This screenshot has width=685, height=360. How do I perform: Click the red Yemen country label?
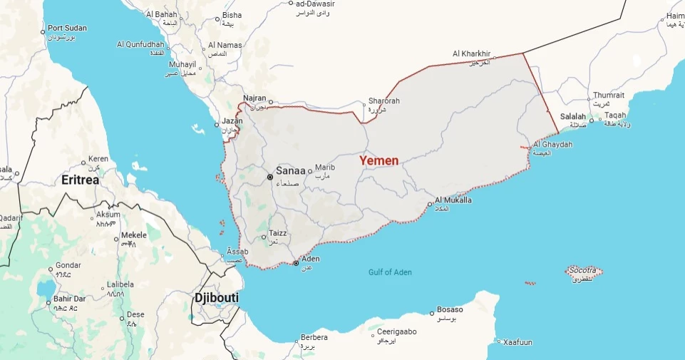[378, 160]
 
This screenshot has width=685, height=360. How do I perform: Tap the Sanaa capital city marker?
[270, 177]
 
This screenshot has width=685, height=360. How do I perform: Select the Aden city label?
[311, 259]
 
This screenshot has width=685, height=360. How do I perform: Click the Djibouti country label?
[216, 297]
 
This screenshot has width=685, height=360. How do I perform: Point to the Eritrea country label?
[80, 180]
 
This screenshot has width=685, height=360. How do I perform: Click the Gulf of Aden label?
[390, 272]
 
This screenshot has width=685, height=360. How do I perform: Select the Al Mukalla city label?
[453, 200]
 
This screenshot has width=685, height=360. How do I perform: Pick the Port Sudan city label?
[67, 29]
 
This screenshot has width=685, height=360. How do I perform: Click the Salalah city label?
[572, 116]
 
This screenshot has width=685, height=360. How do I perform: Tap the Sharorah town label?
[383, 101]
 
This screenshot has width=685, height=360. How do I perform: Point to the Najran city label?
[254, 98]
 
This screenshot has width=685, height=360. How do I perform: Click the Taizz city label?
[277, 234]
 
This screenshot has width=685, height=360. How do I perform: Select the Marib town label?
[324, 167]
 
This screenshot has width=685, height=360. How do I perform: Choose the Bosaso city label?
[450, 309]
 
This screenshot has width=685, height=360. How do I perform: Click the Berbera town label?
[314, 337]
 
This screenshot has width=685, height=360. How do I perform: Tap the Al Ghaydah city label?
[552, 144]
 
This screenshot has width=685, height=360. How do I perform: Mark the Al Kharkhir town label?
[472, 53]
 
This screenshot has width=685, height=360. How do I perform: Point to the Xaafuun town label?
[517, 342]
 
